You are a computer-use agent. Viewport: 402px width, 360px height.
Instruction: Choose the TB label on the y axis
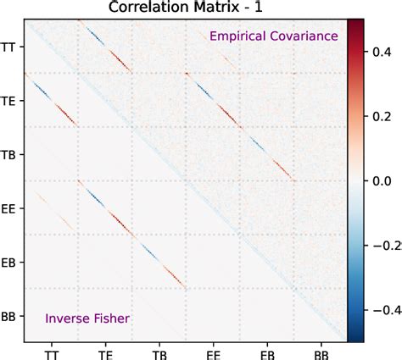coord(10,154)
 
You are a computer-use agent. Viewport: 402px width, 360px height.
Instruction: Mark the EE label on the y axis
coord(10,208)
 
